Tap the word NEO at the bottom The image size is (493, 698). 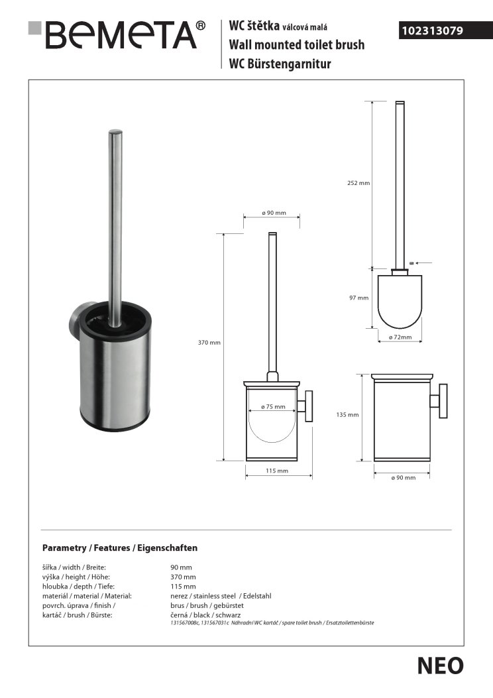click(x=441, y=666)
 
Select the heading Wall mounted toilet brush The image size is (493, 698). click(x=296, y=45)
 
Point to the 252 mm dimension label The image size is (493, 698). click(x=359, y=183)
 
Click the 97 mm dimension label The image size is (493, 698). click(x=358, y=298)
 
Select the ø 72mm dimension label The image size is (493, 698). click(x=400, y=337)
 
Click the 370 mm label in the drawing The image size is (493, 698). click(x=209, y=343)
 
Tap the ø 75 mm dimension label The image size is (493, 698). click(x=273, y=406)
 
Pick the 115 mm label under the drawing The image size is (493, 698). click(x=276, y=471)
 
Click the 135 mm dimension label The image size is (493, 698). click(x=348, y=415)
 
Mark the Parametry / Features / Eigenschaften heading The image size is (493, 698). click(x=120, y=548)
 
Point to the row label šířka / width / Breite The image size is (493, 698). click(x=74, y=567)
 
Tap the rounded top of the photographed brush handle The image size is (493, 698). click(x=115, y=133)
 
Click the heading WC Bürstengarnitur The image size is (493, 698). click(x=280, y=64)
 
